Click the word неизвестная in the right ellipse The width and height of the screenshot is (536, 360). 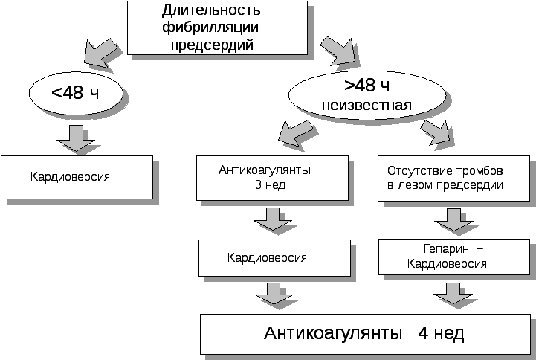click(367, 105)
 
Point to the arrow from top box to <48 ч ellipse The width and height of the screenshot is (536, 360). click(101, 50)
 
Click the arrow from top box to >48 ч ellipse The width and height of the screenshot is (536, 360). click(340, 51)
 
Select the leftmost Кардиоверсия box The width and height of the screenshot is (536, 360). click(77, 177)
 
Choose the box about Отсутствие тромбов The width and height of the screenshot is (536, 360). click(453, 178)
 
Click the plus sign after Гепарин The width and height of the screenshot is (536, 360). click(479, 250)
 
